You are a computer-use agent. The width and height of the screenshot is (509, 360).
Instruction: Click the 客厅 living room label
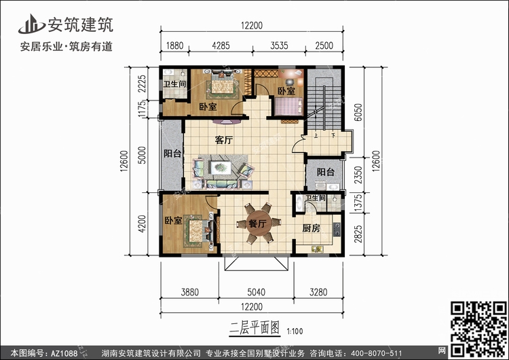224,140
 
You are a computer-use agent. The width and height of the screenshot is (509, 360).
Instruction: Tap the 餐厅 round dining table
257,223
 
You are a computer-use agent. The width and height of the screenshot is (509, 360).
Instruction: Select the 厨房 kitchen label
311,228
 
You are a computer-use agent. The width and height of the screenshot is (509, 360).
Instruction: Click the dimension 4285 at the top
221,46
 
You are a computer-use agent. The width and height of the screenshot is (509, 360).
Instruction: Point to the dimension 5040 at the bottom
256,292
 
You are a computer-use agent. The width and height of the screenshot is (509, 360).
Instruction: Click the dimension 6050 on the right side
358,112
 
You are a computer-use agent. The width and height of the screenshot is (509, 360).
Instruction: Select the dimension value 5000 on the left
142,156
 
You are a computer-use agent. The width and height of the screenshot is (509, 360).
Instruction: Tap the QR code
478,329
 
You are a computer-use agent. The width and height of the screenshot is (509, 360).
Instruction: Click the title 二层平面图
254,328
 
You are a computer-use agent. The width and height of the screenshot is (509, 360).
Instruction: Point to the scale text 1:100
295,331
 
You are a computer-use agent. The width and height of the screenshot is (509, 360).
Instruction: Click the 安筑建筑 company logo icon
31,24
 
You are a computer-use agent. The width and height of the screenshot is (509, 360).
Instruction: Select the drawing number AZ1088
64,353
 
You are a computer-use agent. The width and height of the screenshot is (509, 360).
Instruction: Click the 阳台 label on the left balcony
172,154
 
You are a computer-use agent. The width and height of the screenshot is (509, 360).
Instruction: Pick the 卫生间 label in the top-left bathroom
174,84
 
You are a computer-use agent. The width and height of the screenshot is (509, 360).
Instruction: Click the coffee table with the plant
221,168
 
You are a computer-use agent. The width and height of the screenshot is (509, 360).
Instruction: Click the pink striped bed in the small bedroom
288,106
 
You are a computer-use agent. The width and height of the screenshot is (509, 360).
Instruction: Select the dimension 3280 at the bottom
318,292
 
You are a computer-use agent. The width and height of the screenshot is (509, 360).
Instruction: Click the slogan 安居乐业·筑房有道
67,47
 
